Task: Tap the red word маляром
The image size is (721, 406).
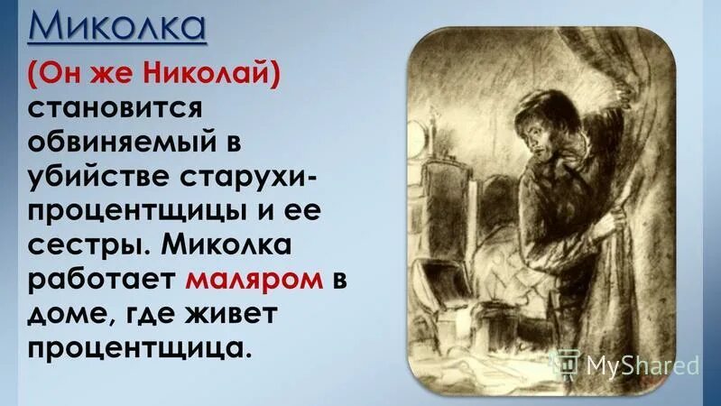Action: click(255, 279)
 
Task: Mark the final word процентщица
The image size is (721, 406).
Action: click(134, 347)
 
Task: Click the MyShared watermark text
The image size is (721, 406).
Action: click(642, 364)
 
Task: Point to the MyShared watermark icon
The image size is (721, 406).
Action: click(566, 364)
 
